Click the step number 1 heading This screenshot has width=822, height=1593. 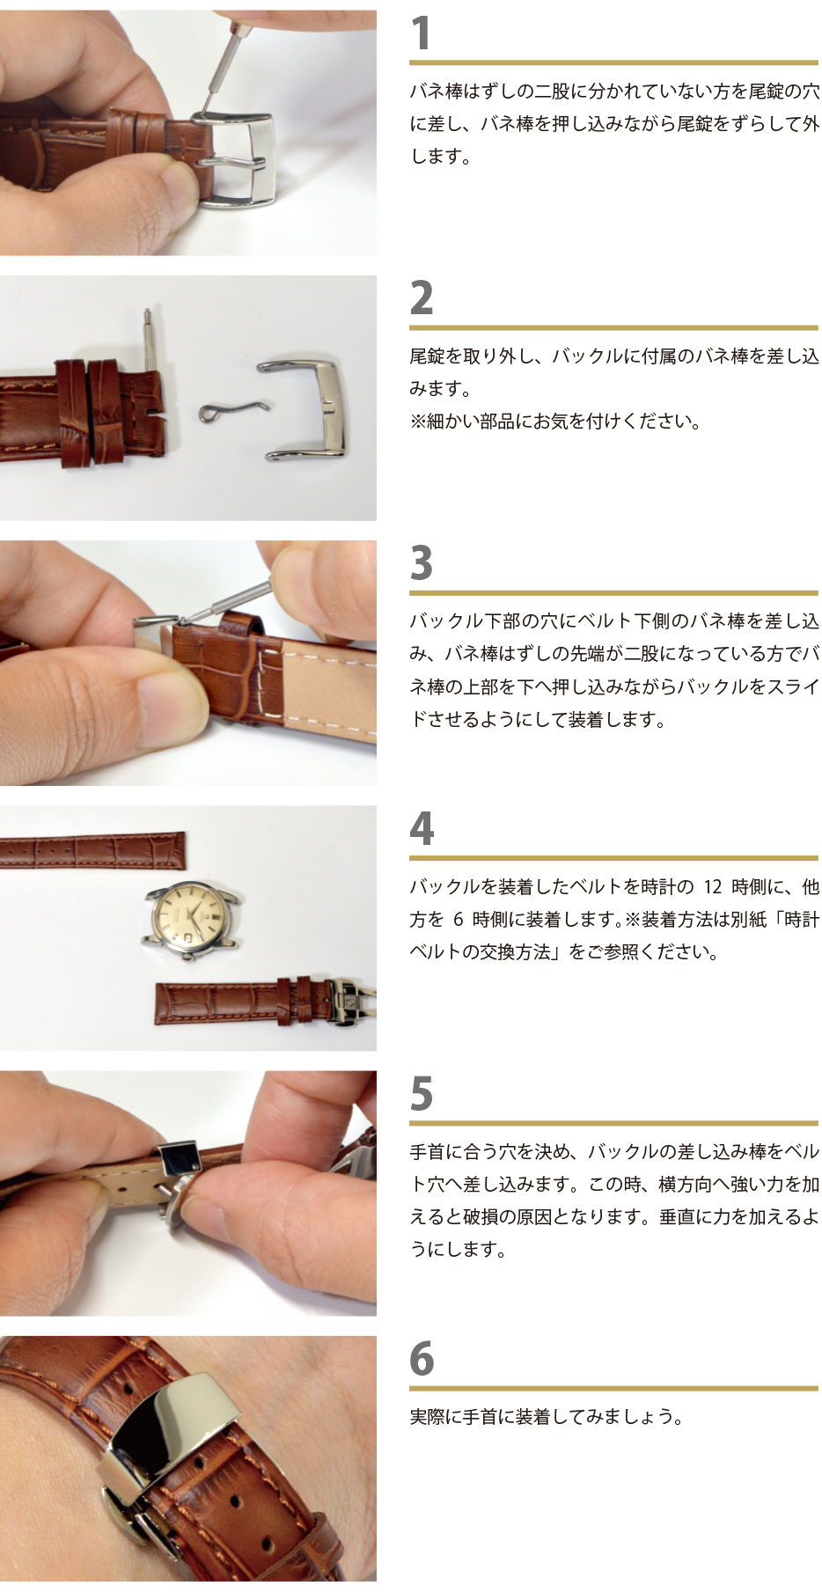pos(422,33)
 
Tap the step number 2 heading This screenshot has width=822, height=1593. pos(422,298)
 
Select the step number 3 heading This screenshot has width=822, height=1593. pos(422,563)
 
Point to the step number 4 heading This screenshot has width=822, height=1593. pos(422,829)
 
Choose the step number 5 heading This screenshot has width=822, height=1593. pos(422,1094)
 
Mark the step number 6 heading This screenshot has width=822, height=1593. pos(422,1359)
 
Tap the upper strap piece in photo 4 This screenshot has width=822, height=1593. pos(92,849)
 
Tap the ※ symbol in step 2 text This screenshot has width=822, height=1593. pos(418,422)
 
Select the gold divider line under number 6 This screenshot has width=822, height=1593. pos(613,1388)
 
